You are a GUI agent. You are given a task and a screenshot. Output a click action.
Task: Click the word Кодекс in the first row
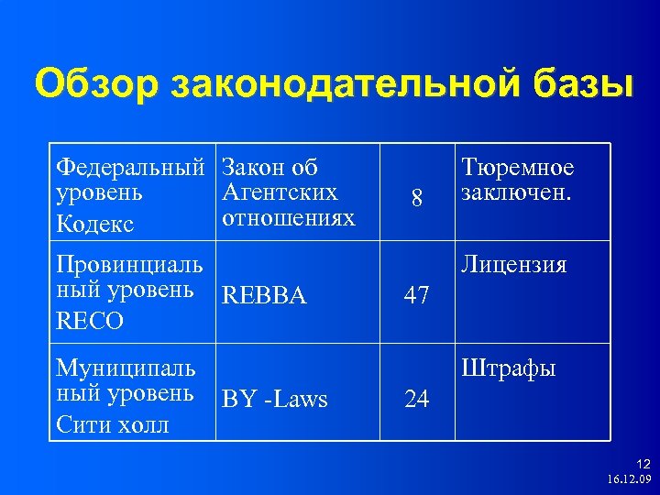(x=94, y=225)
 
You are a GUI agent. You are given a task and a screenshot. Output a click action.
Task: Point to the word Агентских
(x=280, y=192)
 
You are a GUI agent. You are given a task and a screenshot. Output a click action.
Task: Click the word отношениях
(x=288, y=218)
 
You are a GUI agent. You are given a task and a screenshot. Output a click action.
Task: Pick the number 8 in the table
(x=417, y=198)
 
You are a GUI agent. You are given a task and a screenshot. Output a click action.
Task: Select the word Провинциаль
(x=129, y=265)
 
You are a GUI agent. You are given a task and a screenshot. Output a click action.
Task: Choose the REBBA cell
(x=264, y=296)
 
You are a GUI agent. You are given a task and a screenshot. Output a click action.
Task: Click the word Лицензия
(x=513, y=266)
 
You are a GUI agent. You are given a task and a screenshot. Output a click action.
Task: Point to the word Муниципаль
(x=126, y=368)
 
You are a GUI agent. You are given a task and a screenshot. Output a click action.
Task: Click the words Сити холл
(x=112, y=425)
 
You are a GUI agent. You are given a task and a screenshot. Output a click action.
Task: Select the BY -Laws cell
(x=274, y=400)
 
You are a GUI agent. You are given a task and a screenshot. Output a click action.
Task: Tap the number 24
(x=417, y=401)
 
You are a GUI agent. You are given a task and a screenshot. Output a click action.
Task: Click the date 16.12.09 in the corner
(x=628, y=479)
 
